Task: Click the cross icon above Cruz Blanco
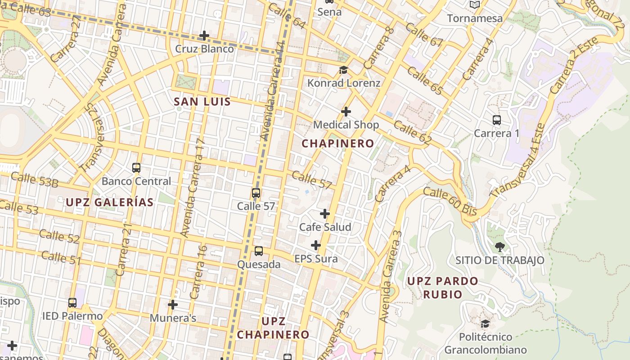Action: click(x=204, y=35)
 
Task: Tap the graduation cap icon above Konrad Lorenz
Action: click(x=344, y=70)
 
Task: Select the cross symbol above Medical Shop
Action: click(x=346, y=111)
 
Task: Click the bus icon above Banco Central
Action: click(x=136, y=168)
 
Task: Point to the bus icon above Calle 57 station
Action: click(x=256, y=193)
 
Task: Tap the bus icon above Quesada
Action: click(x=259, y=251)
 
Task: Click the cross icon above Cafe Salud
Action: click(x=325, y=214)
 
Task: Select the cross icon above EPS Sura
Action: click(x=316, y=245)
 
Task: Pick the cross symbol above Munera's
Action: click(x=173, y=305)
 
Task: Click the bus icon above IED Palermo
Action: click(x=72, y=303)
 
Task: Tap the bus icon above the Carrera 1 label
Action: click(x=497, y=120)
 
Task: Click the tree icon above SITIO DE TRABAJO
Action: click(x=499, y=247)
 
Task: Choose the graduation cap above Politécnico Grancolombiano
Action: click(x=485, y=324)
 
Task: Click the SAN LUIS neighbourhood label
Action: click(x=202, y=102)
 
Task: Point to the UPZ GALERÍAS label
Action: click(x=110, y=202)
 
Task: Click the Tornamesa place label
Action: click(x=475, y=18)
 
